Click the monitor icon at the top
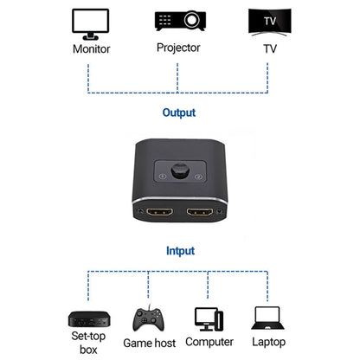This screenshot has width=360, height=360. (90, 22)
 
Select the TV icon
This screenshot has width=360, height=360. (268, 22)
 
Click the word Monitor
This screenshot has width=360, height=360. (91, 48)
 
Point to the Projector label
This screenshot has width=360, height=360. (178, 48)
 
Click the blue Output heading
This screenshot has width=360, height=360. (179, 112)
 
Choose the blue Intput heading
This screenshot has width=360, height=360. (179, 251)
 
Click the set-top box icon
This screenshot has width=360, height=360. (83, 318)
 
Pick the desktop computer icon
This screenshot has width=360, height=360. (209, 319)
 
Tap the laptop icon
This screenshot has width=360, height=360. (269, 319)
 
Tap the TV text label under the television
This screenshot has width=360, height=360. (268, 48)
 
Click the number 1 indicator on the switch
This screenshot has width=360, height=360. (163, 178)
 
